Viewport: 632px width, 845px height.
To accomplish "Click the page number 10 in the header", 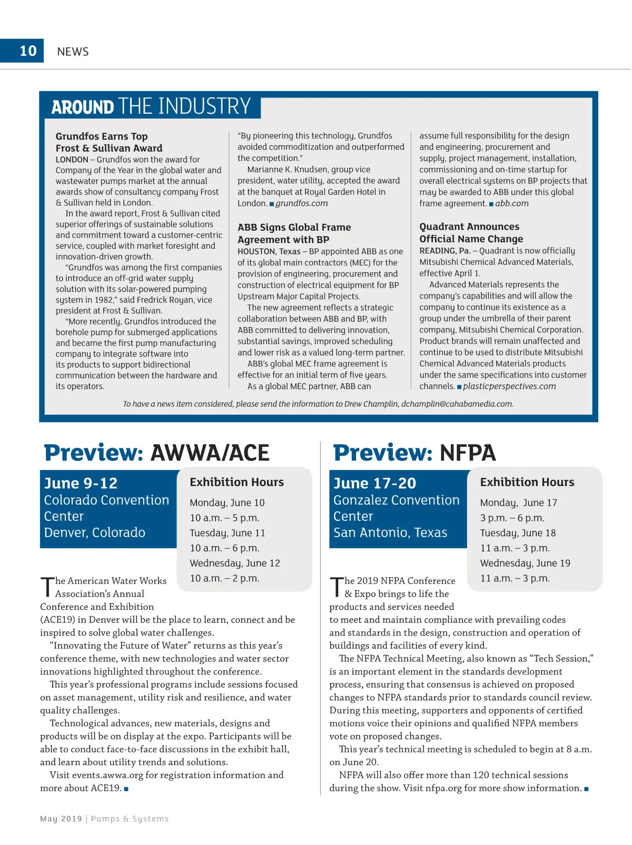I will pos(28,51).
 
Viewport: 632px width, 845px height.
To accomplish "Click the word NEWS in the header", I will pos(73,52).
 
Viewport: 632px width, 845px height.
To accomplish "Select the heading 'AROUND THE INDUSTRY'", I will pos(151,106).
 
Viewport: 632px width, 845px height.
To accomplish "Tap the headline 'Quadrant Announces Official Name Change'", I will pos(471,233).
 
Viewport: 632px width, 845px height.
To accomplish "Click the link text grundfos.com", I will pos(301,204).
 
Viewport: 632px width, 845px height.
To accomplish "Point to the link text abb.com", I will pos(511,204).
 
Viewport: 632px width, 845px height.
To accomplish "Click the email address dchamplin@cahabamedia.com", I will pos(457,404).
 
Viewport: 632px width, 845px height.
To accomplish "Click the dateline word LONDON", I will pos(72,159).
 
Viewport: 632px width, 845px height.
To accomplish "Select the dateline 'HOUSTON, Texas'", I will pos(269,252).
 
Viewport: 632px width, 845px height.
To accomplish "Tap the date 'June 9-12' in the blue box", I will pos(81,483).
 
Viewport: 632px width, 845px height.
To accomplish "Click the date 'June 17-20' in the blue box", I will pos(374,483).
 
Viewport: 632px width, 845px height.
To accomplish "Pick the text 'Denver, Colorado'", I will pos(94,532).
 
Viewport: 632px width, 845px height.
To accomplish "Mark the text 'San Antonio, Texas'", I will pos(390,532).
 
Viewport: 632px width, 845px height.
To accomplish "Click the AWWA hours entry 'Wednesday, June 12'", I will pos(235,563).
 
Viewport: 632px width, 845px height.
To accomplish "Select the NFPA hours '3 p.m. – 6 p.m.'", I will pos(512,518).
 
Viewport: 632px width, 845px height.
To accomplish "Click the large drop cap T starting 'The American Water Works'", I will pos(47,587).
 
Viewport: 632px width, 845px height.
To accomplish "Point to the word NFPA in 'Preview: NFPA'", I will pos(468,453).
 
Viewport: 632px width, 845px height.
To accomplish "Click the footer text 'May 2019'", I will pos(61,819).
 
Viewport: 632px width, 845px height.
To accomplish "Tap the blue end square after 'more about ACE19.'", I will pos(126,789).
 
